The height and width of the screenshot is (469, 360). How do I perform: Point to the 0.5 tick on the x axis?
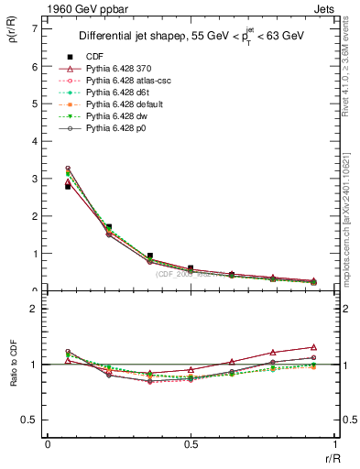[x=190, y=444]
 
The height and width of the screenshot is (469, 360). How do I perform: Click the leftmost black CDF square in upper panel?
[x=68, y=186]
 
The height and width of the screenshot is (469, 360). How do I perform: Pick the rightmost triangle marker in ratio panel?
[x=313, y=347]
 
